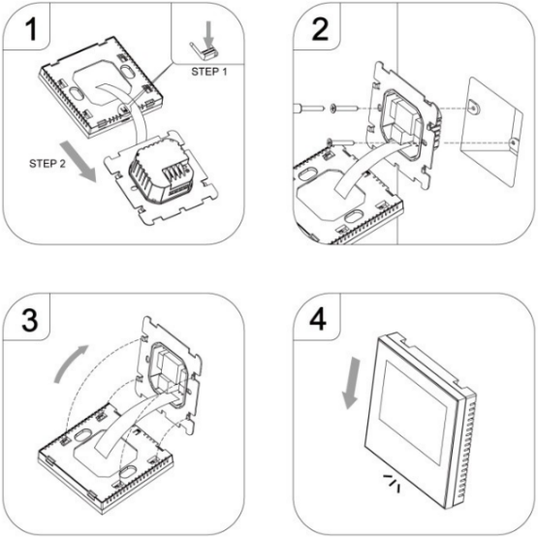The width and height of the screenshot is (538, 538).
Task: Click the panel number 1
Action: [31, 29]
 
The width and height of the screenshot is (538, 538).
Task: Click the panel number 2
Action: [320, 29]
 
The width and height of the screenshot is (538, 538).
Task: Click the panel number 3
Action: [29, 320]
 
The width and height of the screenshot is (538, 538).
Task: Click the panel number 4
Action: [318, 320]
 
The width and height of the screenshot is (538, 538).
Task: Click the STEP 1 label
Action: [209, 72]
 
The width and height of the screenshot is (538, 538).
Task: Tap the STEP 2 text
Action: [47, 164]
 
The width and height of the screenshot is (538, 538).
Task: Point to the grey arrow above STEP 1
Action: [208, 34]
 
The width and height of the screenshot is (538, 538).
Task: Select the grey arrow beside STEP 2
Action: [79, 161]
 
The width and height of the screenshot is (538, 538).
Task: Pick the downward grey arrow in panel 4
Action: [352, 383]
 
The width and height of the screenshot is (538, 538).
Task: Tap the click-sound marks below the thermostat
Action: [392, 482]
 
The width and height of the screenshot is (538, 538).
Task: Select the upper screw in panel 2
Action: [344, 109]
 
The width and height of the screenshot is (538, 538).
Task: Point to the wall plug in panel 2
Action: [308, 108]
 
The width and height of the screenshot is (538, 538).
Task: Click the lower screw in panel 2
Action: [340, 142]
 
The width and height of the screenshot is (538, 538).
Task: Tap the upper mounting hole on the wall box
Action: [473, 107]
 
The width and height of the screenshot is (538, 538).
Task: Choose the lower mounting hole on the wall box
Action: [513, 143]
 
